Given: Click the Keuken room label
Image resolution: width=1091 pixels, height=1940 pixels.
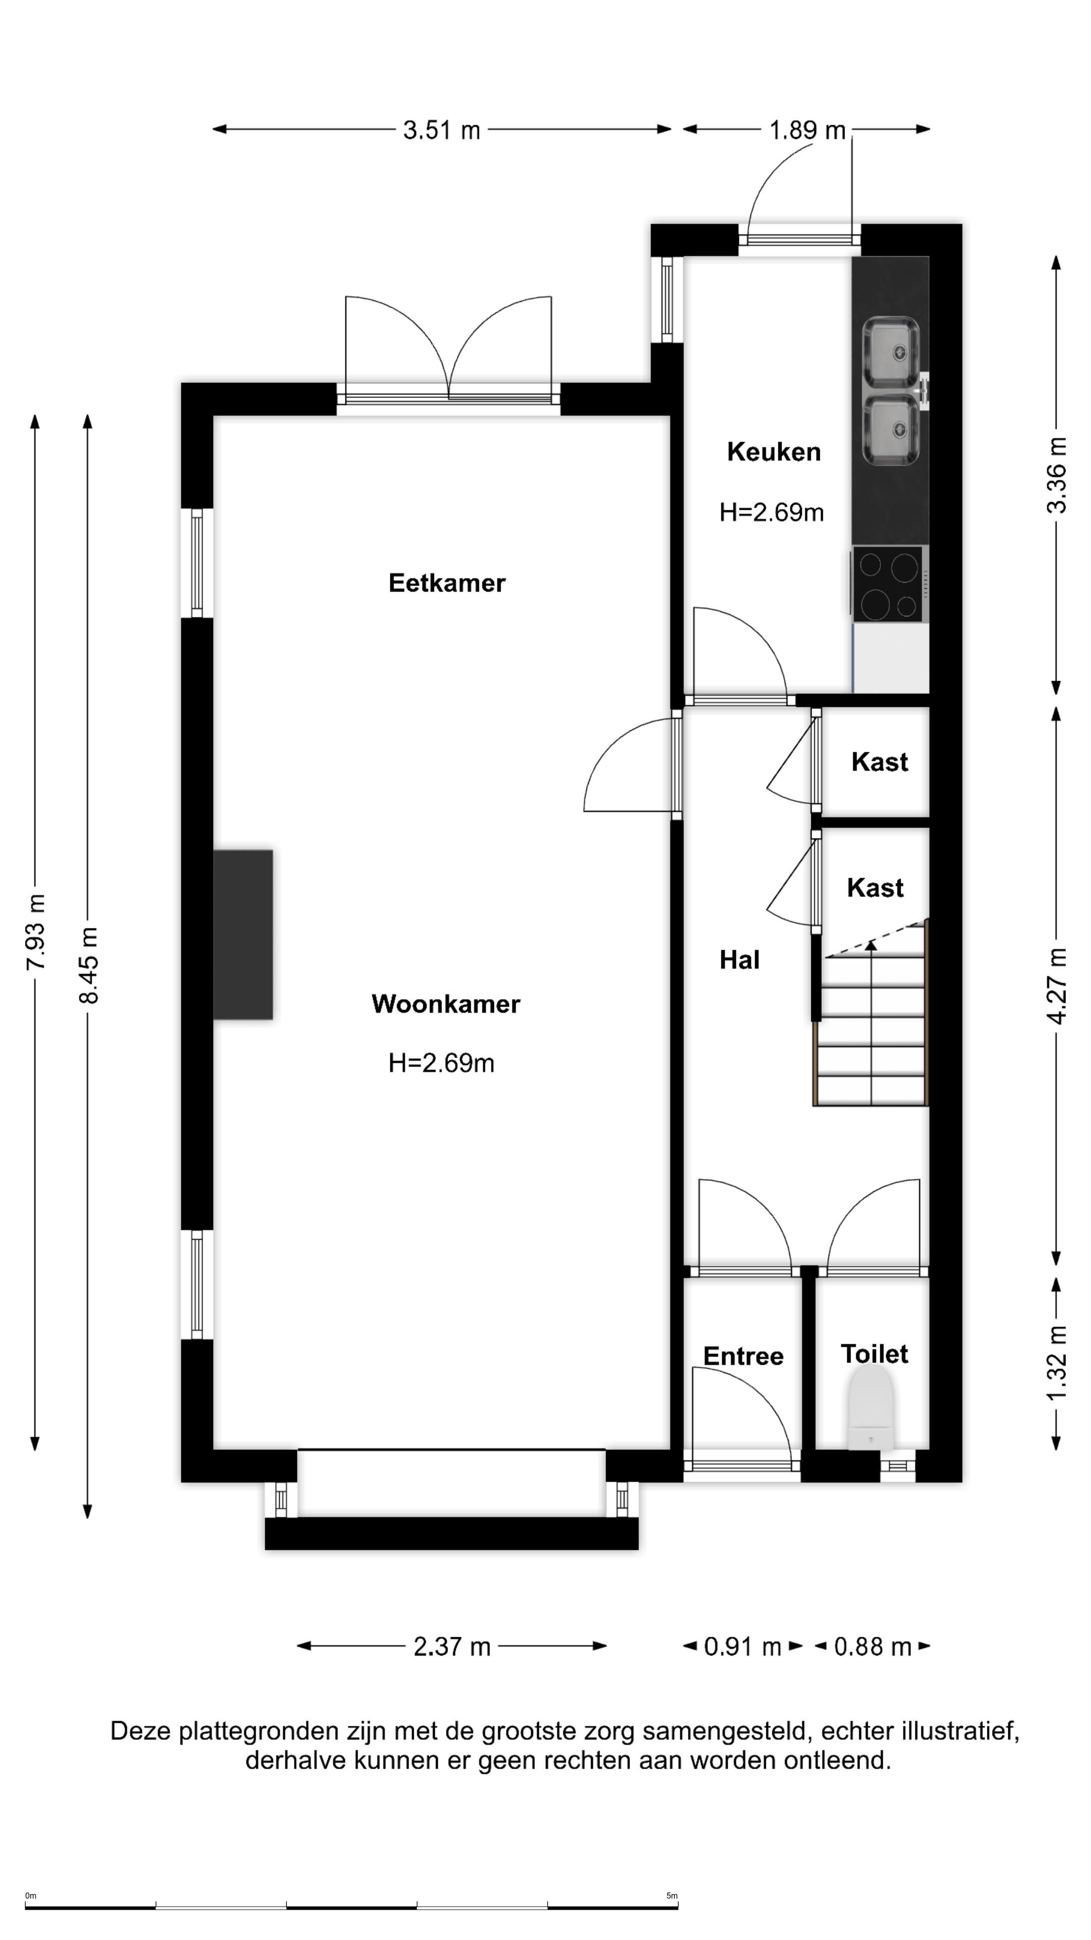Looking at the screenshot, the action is tap(773, 452).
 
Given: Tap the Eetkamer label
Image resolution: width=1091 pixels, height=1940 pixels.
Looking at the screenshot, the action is tap(447, 583).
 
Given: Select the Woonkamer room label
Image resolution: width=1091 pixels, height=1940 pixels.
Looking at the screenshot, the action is tap(445, 1004).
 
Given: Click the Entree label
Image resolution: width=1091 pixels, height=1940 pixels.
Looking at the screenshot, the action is tap(743, 1355).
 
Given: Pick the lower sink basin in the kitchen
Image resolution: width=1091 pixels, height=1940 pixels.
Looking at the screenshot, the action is tap(890, 431).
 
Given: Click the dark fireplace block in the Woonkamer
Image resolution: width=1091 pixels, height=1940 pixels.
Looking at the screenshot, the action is tap(242, 935).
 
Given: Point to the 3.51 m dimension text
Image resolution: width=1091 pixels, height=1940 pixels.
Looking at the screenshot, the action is tap(441, 130).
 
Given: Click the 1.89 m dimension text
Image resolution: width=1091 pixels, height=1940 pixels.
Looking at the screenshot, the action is tap(807, 130).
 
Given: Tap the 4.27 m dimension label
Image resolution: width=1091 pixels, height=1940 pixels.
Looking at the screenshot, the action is tap(1057, 986).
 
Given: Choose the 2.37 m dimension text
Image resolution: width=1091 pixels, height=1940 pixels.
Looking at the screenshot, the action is tap(452, 1646).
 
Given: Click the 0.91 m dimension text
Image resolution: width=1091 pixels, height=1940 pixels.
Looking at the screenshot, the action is tap(742, 1647).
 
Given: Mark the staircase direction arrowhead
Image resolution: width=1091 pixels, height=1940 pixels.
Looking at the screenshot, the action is tap(871, 945).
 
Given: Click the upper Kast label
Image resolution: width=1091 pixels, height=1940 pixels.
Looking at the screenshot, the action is tap(879, 761).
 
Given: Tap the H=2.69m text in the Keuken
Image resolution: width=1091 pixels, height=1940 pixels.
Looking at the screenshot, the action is tap(772, 512).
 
